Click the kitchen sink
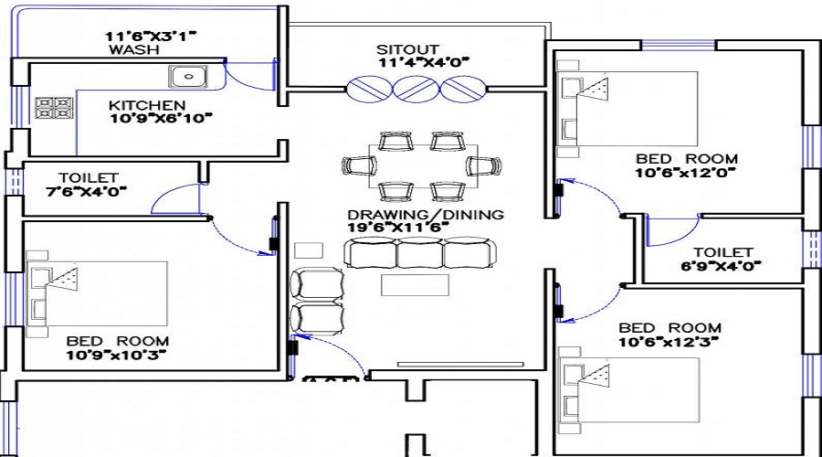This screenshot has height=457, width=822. [186, 75]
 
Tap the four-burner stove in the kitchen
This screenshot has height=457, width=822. [54, 109]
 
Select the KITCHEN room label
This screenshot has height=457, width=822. [147, 105]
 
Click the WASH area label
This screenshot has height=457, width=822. [129, 51]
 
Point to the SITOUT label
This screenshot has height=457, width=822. [407, 48]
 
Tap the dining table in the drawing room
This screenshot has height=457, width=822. [422, 165]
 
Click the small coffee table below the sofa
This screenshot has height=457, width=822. [416, 285]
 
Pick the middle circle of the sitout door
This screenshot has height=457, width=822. [419, 89]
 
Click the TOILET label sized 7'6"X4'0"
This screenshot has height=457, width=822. [89, 177]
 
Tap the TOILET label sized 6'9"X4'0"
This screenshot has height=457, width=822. [722, 252]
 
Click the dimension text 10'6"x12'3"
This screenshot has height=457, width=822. [669, 342]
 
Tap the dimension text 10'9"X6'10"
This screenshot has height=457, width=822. [160, 119]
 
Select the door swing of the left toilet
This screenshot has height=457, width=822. [175, 197]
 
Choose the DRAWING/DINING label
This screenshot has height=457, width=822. [425, 215]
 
